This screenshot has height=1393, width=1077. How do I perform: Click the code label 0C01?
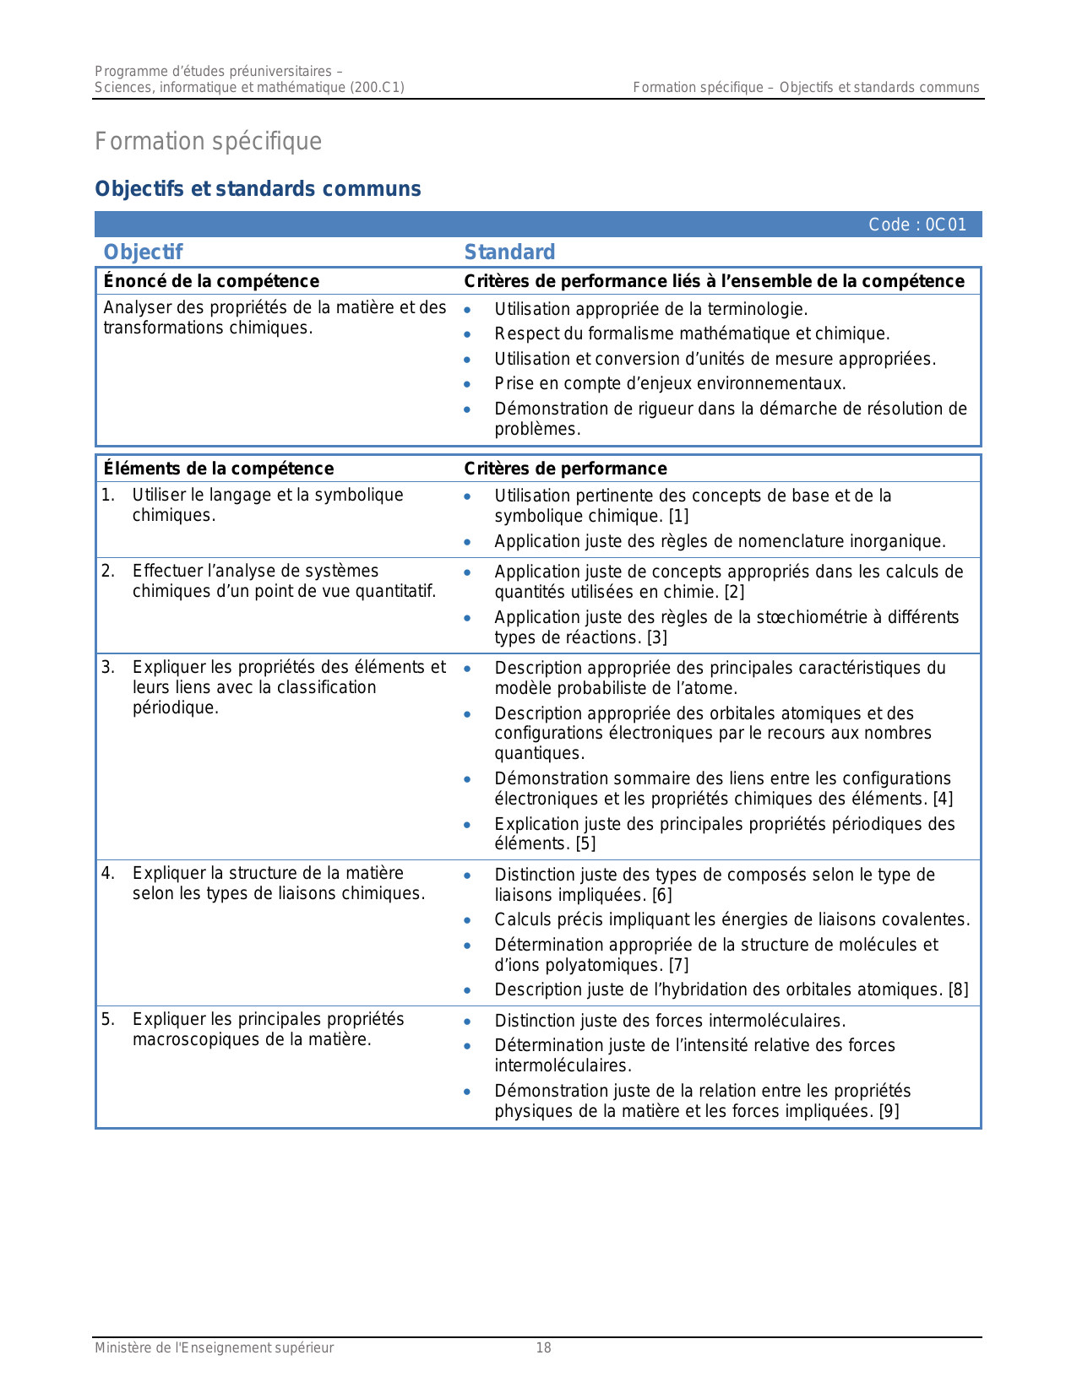(917, 225)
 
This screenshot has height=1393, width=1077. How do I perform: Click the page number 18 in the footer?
(544, 1348)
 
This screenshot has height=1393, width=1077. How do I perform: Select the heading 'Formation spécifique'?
(208, 141)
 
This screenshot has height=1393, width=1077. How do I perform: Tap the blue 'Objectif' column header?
(143, 252)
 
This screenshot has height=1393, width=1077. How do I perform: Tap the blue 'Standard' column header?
(509, 252)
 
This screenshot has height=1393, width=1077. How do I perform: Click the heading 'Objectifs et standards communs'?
(258, 188)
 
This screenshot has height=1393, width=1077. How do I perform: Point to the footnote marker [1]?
(679, 516)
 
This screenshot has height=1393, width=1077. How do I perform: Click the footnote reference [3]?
(657, 637)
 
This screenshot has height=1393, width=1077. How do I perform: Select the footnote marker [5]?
(585, 843)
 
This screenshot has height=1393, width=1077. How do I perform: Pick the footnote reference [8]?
(958, 989)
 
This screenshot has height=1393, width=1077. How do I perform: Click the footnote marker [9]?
(889, 1111)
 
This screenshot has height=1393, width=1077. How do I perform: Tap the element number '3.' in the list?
(108, 667)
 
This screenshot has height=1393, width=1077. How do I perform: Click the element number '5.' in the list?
(108, 1019)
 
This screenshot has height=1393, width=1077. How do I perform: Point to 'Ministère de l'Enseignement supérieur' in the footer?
(214, 1348)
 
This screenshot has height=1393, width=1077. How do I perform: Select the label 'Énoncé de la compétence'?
(211, 281)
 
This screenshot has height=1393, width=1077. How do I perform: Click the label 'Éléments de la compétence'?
(218, 469)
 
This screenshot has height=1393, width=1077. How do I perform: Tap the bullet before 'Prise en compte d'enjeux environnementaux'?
(467, 384)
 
